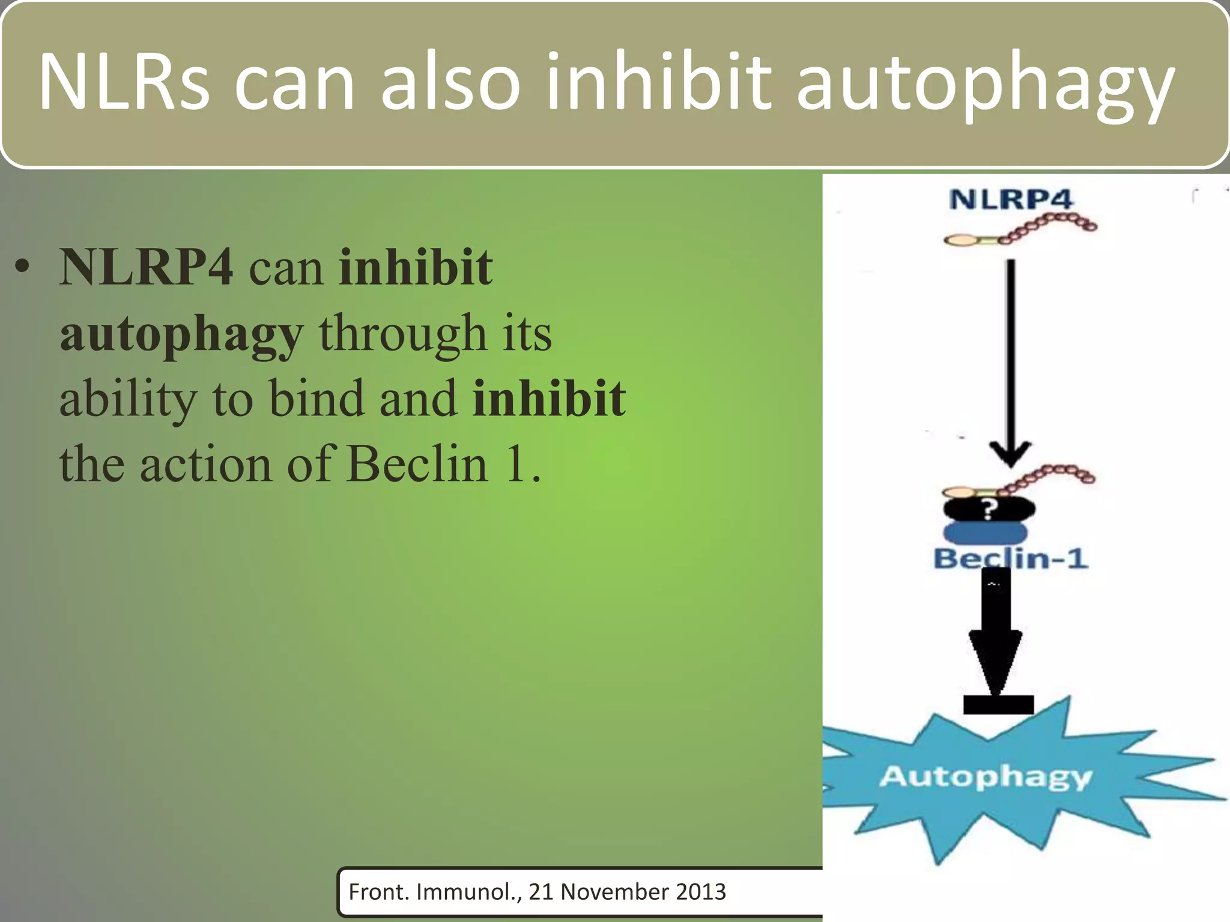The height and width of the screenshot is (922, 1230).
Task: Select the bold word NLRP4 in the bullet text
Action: point(146,267)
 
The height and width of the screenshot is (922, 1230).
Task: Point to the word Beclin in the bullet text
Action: point(417,464)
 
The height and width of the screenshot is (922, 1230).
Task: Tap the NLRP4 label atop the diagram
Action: point(1011,199)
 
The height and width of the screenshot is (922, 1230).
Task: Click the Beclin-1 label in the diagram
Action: point(1010,559)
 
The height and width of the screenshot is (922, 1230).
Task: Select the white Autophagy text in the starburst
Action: point(985,776)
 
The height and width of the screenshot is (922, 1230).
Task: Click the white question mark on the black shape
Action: point(989,510)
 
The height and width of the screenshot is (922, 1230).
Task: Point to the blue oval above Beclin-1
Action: point(986,532)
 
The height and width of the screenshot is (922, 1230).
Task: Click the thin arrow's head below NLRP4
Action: point(1011,454)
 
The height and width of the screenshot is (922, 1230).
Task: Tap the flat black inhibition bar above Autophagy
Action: point(998,704)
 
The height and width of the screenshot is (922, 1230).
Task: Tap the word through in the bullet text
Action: point(402,334)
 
